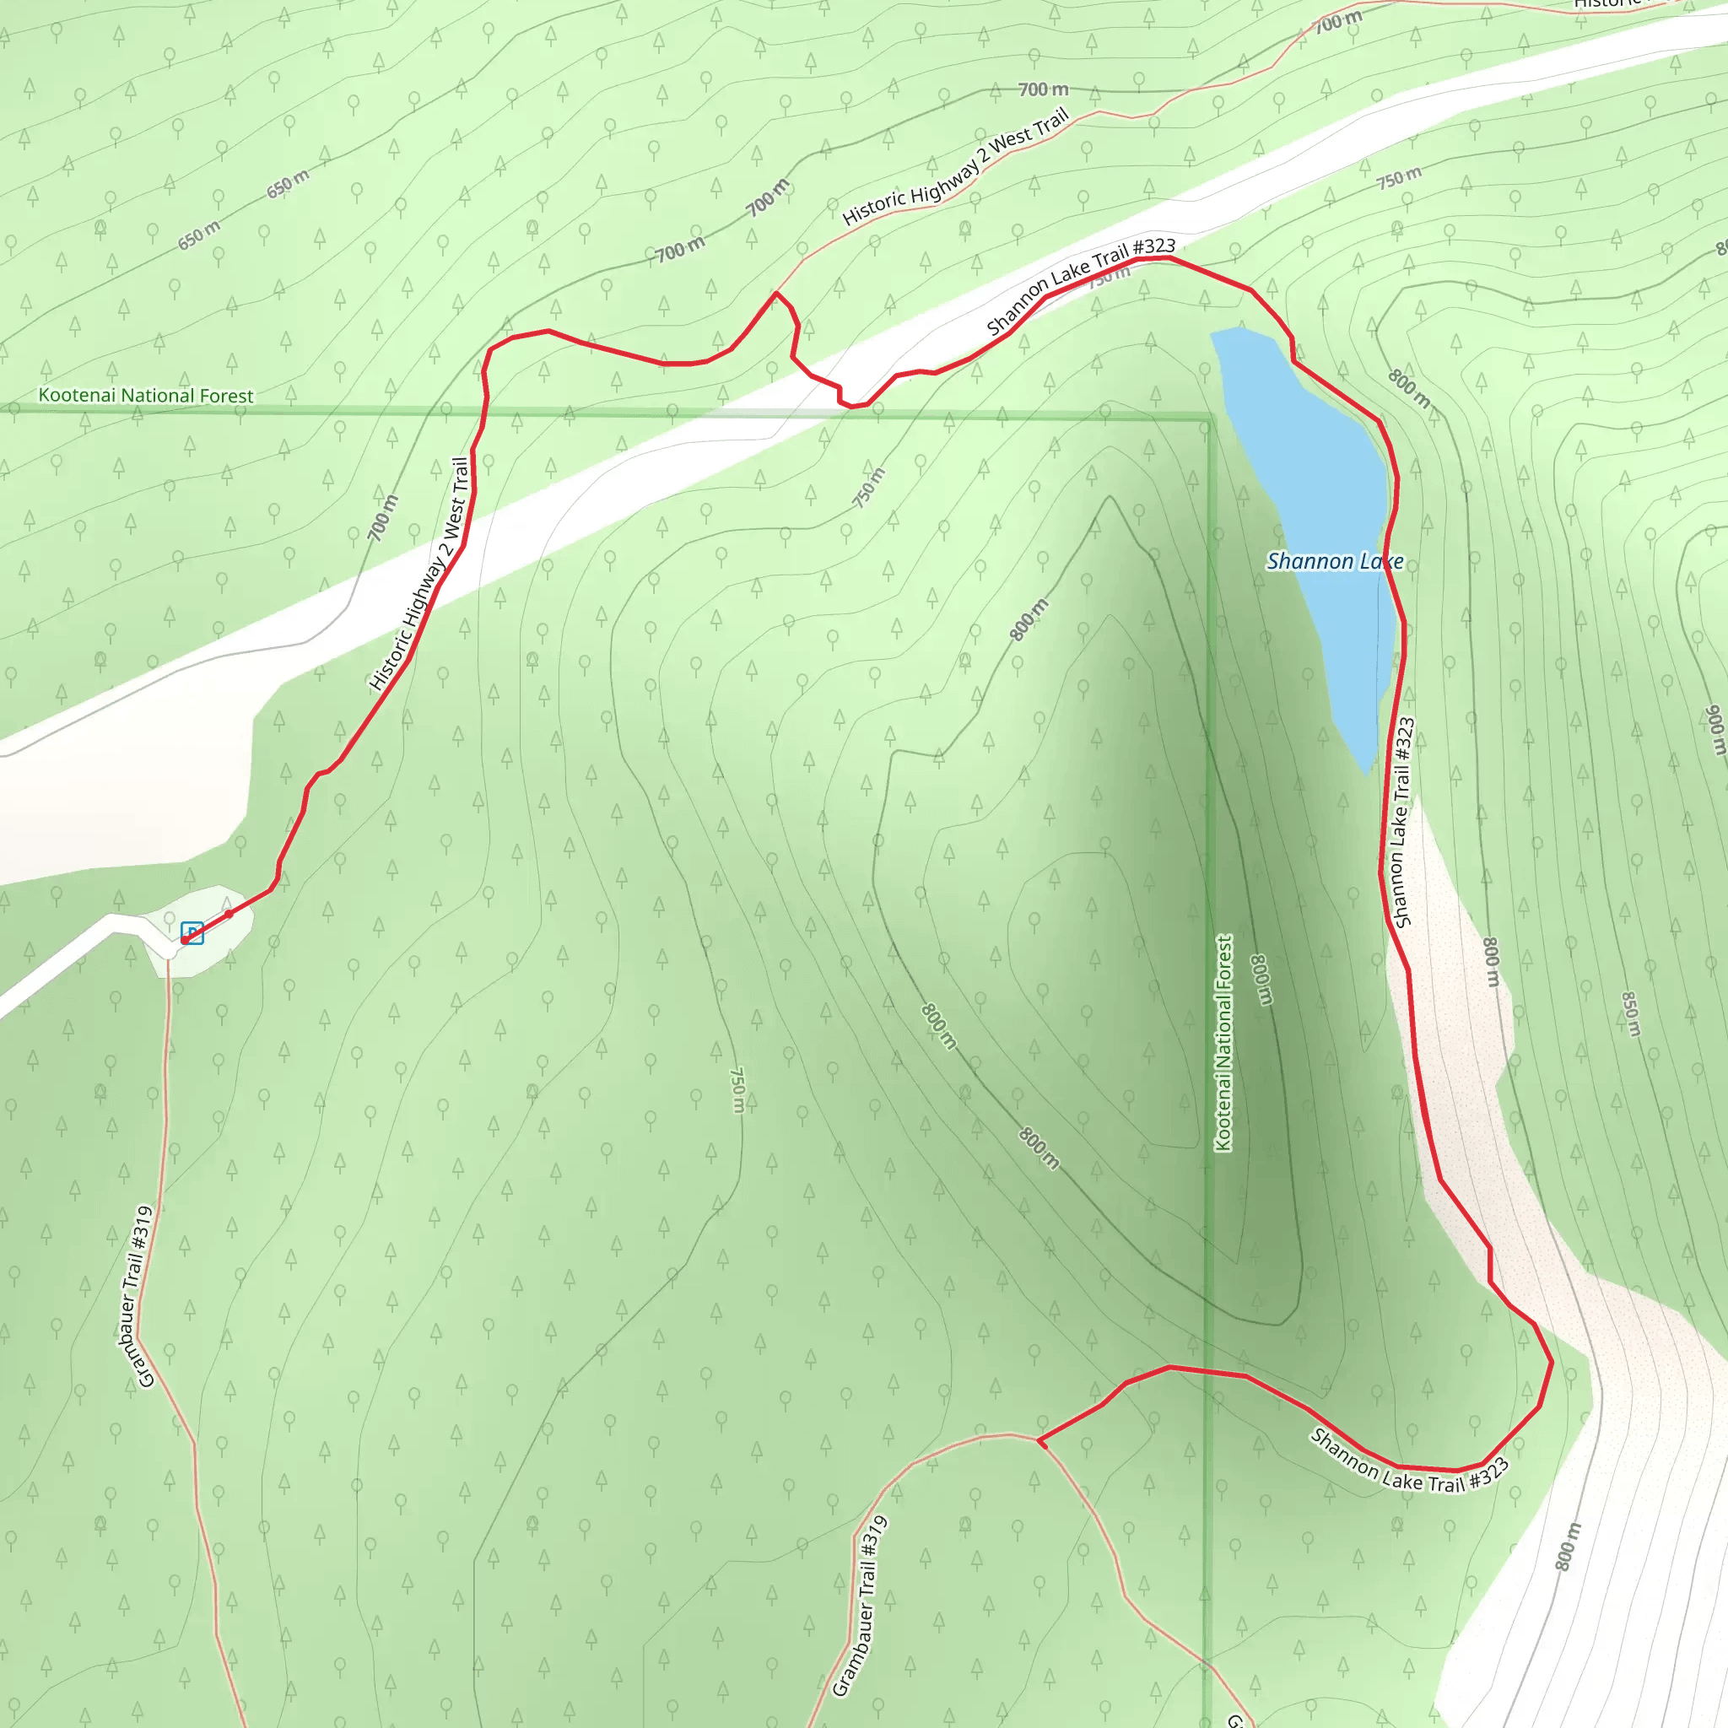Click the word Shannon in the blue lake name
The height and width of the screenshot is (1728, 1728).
(x=1309, y=561)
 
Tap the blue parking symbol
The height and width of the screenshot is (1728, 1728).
(x=192, y=933)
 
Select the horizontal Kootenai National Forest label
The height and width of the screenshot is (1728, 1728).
(x=146, y=396)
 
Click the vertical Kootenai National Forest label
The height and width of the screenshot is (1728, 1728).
(x=1223, y=1043)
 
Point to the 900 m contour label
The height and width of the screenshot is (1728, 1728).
(x=1714, y=730)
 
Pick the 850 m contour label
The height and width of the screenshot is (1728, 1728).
(x=1630, y=1013)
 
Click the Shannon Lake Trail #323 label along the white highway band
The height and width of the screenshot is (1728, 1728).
(x=1081, y=285)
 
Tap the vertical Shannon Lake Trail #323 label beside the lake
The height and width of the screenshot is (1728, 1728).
(x=1401, y=822)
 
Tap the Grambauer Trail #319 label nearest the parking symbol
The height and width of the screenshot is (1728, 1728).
(x=134, y=1296)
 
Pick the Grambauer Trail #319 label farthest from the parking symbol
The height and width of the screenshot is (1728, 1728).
(x=860, y=1605)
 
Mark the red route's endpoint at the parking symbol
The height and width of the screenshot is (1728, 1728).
(x=184, y=941)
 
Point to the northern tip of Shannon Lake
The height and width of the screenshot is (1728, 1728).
(x=1218, y=334)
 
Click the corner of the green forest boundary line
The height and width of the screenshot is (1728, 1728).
(x=1208, y=418)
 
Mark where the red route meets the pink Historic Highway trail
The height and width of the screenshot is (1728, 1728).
(x=775, y=293)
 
